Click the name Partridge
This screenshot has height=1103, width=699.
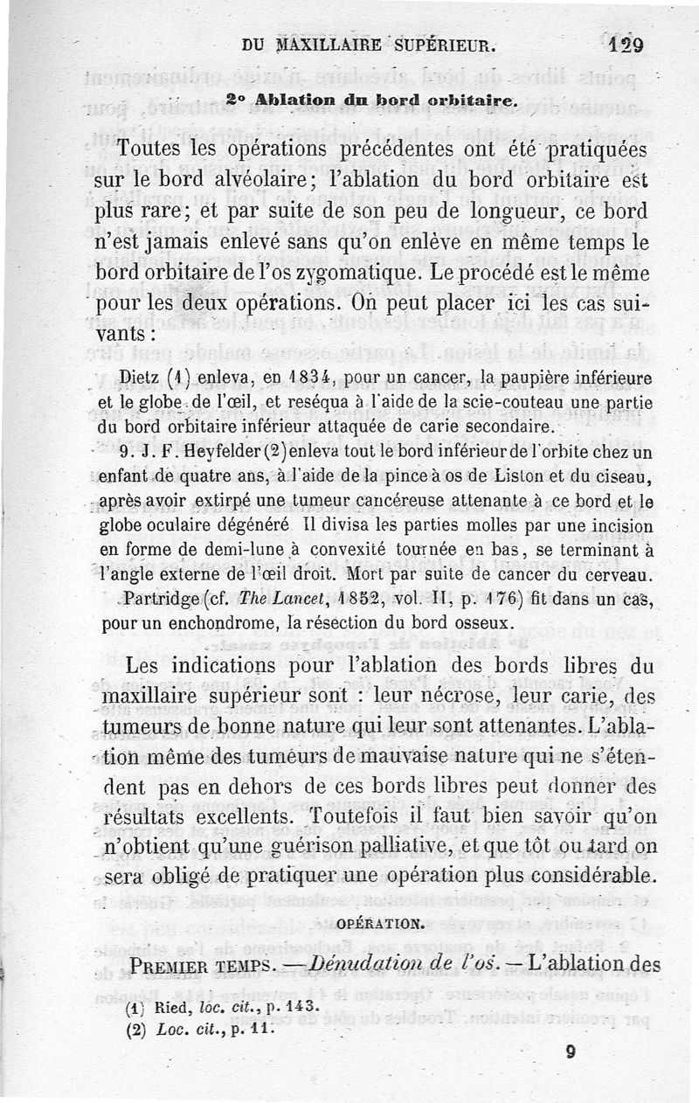[x=162, y=600]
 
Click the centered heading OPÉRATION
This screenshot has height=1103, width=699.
[x=381, y=922]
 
